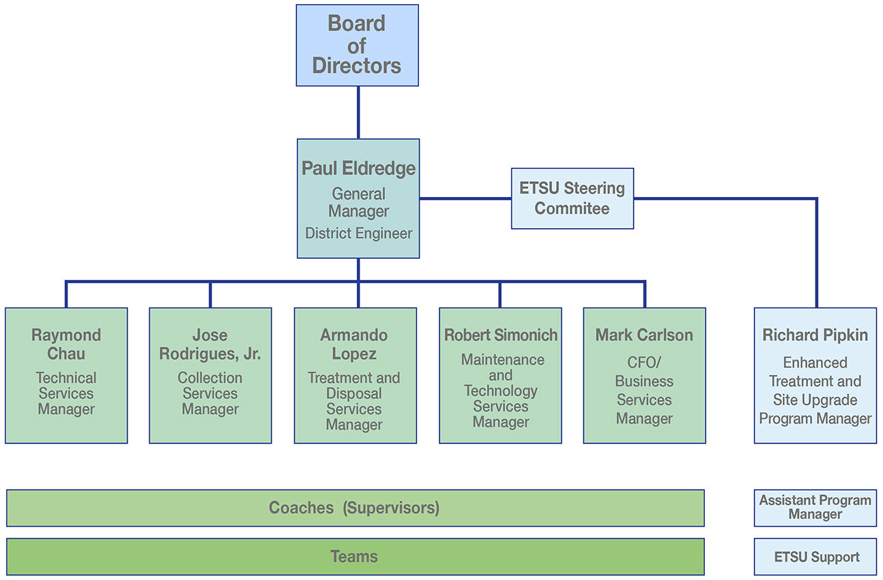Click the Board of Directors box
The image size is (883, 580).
coord(357,45)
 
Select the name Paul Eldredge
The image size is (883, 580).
coord(358,168)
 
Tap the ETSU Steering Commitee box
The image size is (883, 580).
coord(572,198)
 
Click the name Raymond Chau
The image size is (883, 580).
coord(66,344)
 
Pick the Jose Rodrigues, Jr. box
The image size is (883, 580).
coord(210,375)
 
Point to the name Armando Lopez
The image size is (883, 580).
coord(354,344)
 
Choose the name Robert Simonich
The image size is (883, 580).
coord(500,335)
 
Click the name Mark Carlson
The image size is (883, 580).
coord(644,335)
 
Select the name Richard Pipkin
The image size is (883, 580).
coord(815,335)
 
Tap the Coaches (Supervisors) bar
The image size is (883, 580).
coord(355,508)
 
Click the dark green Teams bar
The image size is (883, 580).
coord(355,557)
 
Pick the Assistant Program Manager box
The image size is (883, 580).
coord(815,508)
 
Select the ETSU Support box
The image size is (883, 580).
coord(815,557)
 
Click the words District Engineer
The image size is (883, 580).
coord(358,233)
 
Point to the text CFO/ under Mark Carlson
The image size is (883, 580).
coord(644,363)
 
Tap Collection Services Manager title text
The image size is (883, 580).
coord(210,394)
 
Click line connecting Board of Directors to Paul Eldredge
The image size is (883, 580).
coord(358,112)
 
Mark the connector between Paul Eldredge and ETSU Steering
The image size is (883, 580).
coord(465,198)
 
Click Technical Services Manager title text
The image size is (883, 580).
coord(66,394)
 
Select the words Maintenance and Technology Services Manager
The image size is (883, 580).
coord(500,391)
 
